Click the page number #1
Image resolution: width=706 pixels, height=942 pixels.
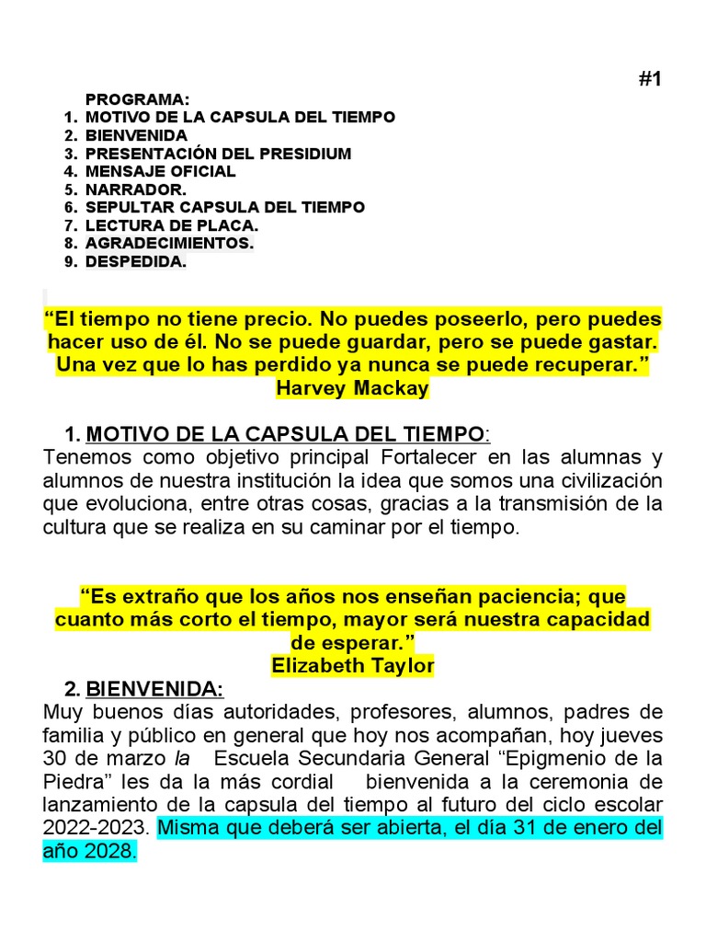click(649, 79)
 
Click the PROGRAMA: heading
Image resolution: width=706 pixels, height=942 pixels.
click(138, 99)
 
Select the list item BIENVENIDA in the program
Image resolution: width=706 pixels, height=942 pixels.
click(136, 135)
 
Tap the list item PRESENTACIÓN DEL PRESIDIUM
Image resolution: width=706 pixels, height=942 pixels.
click(218, 154)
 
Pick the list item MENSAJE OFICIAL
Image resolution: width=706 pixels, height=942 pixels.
click(161, 171)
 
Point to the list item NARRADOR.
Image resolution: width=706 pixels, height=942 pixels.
click(135, 190)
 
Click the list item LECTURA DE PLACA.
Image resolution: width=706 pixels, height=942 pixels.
click(172, 225)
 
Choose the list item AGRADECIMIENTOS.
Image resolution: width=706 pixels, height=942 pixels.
click(169, 244)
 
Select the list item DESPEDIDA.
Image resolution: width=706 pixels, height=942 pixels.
click(136, 262)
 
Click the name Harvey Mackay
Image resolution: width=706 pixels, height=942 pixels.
click(352, 387)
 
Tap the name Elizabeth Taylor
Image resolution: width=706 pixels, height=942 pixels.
click(352, 665)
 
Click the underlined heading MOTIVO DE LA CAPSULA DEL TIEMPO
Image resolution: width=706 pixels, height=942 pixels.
click(285, 433)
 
